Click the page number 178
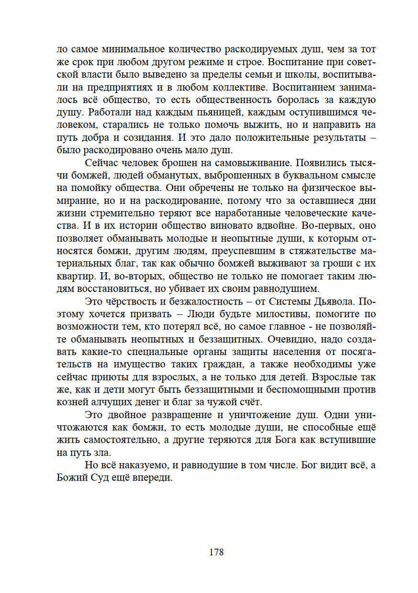click(216, 552)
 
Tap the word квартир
click(76, 276)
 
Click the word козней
click(72, 402)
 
